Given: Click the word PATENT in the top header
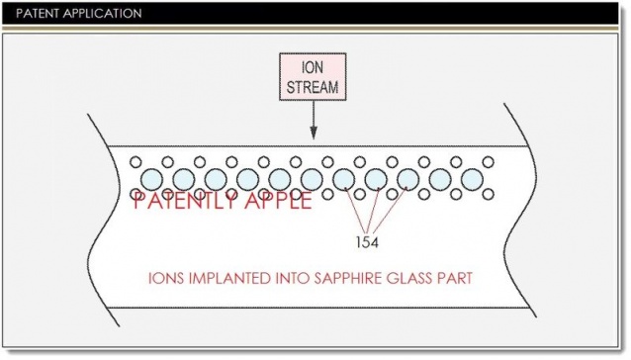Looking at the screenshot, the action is click(x=29, y=14).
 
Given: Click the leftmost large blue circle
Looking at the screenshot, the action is click(x=152, y=179).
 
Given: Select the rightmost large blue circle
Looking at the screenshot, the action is click(x=472, y=179).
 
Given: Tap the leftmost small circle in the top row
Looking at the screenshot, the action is click(x=136, y=161).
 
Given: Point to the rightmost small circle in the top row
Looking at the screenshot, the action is click(x=488, y=161).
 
